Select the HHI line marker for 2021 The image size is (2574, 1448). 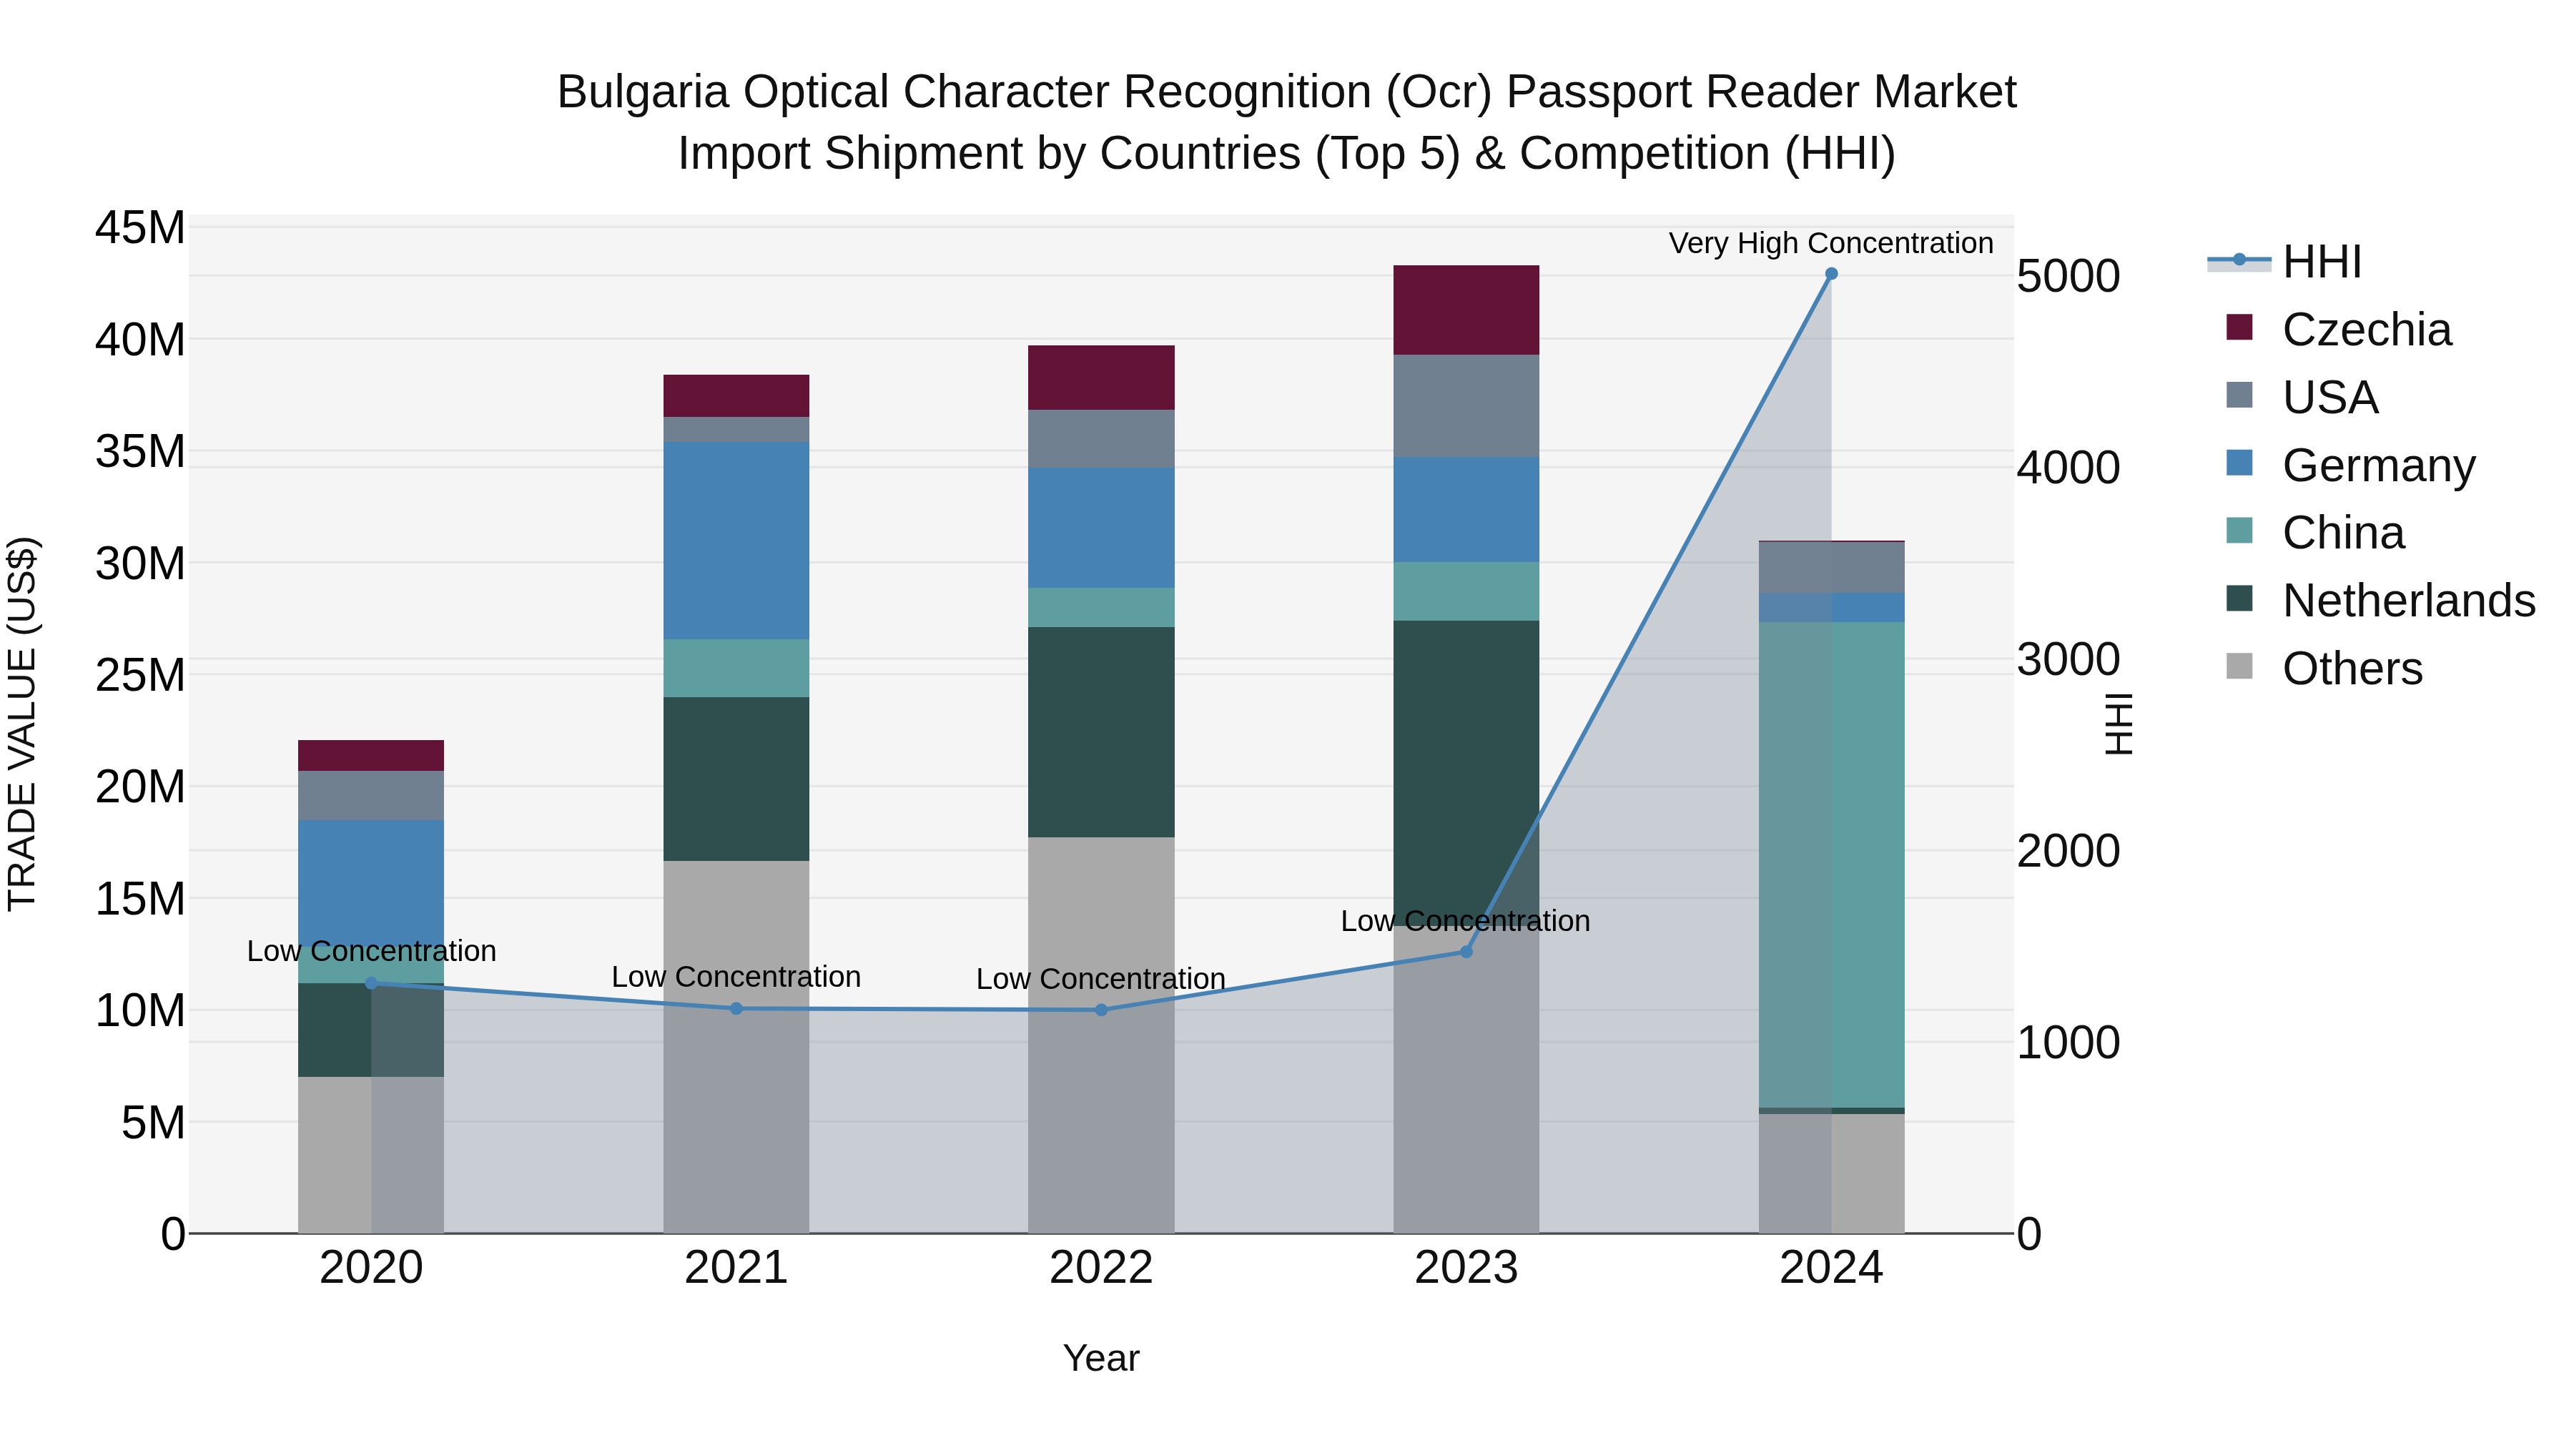[736, 1008]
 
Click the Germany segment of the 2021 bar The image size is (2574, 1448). [736, 540]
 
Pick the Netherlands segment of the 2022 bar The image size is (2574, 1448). [1101, 732]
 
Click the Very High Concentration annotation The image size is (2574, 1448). [1830, 243]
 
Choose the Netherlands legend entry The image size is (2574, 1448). [2408, 601]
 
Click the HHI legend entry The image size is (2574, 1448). [2321, 262]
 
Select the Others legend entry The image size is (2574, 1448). [2352, 669]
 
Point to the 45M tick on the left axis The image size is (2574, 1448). [140, 228]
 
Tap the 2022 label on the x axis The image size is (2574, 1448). [1101, 1268]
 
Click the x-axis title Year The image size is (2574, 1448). [1101, 1358]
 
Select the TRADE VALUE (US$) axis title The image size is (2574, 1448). [23, 724]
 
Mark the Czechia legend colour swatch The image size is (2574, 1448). [2239, 327]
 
